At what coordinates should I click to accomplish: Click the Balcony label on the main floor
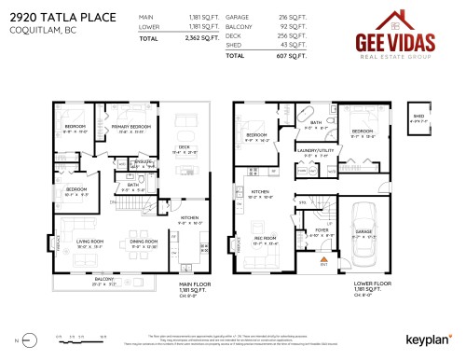point(103,279)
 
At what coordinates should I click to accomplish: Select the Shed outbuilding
point(418,118)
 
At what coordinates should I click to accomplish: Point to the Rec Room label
point(266,239)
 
